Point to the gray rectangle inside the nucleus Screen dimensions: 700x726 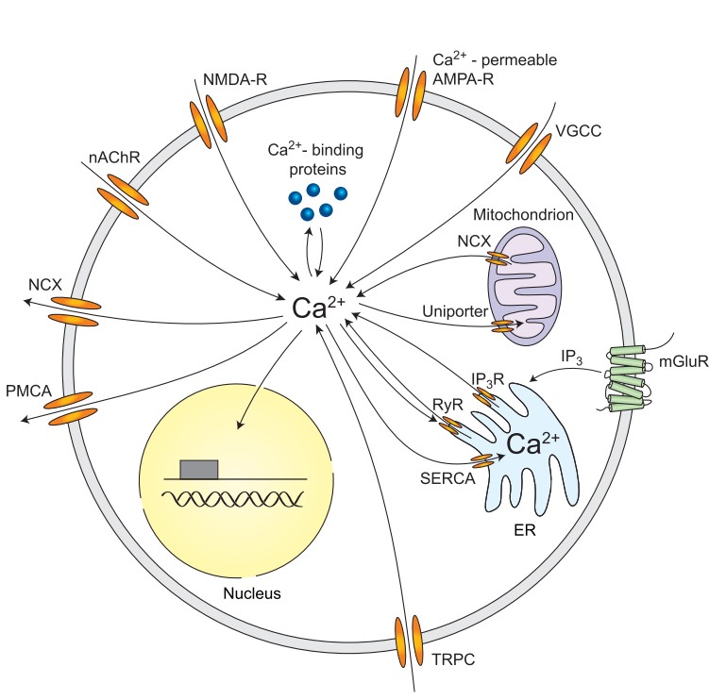point(198,469)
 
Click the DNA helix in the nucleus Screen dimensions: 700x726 point(235,498)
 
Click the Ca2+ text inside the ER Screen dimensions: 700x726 point(533,444)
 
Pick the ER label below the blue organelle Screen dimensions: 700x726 point(525,531)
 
